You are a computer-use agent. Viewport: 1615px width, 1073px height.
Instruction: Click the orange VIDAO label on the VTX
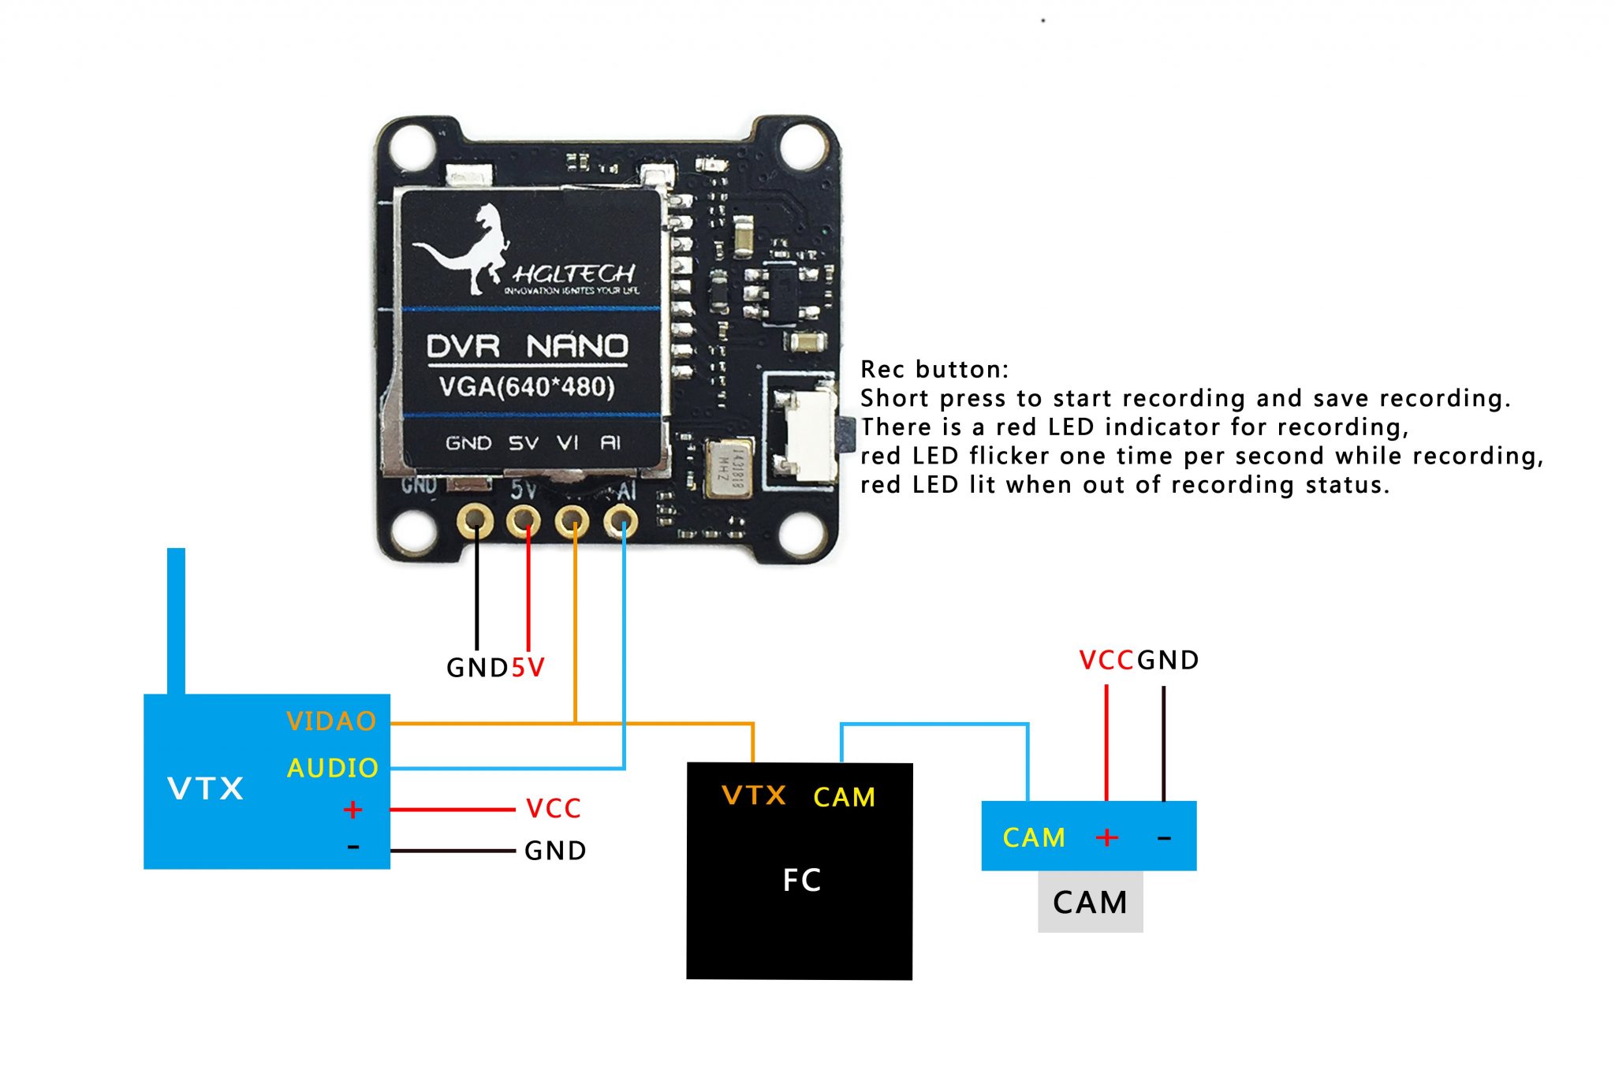(x=331, y=721)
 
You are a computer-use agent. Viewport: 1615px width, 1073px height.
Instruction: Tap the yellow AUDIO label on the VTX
(x=333, y=768)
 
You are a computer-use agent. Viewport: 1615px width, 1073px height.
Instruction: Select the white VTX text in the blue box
(x=206, y=788)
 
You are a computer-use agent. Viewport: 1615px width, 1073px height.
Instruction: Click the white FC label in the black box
(x=801, y=880)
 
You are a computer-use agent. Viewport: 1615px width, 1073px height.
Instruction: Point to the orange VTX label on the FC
(x=754, y=795)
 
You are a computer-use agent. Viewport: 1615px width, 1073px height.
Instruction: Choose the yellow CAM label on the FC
(x=845, y=797)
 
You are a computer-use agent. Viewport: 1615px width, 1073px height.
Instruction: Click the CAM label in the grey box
(x=1090, y=902)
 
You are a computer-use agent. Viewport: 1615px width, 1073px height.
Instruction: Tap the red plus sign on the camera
(x=1107, y=836)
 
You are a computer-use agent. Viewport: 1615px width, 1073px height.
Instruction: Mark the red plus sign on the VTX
(x=352, y=810)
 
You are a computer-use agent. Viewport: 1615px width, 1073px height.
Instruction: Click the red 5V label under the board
(x=528, y=668)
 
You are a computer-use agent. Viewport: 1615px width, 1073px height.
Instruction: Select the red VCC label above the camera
(x=1106, y=660)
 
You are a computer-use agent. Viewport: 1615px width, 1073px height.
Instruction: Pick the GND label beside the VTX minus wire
(x=555, y=851)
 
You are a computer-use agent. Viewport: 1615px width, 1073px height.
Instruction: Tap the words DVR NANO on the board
(x=527, y=346)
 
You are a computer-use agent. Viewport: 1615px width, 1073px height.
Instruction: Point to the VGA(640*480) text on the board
(x=527, y=387)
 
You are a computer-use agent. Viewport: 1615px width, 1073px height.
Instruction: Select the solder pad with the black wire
(x=476, y=521)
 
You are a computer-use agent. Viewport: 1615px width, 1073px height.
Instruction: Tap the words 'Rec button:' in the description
(x=934, y=369)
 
